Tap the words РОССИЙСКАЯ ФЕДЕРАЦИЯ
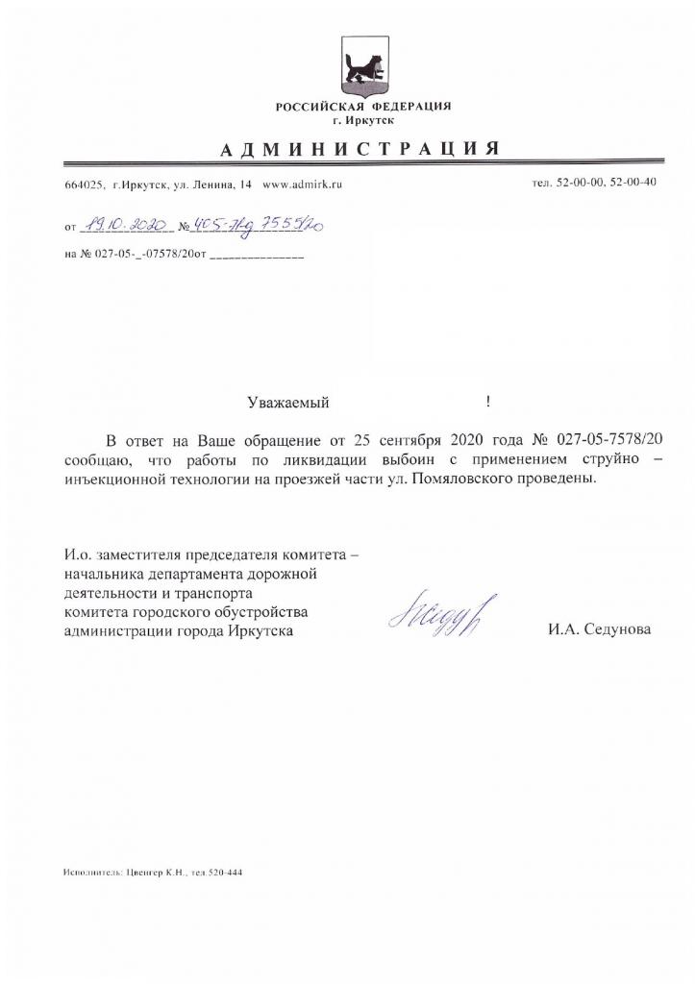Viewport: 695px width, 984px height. (363, 106)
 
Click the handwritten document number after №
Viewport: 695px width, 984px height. (256, 226)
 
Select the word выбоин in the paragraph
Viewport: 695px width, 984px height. (360, 459)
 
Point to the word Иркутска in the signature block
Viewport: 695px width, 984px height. (262, 630)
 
